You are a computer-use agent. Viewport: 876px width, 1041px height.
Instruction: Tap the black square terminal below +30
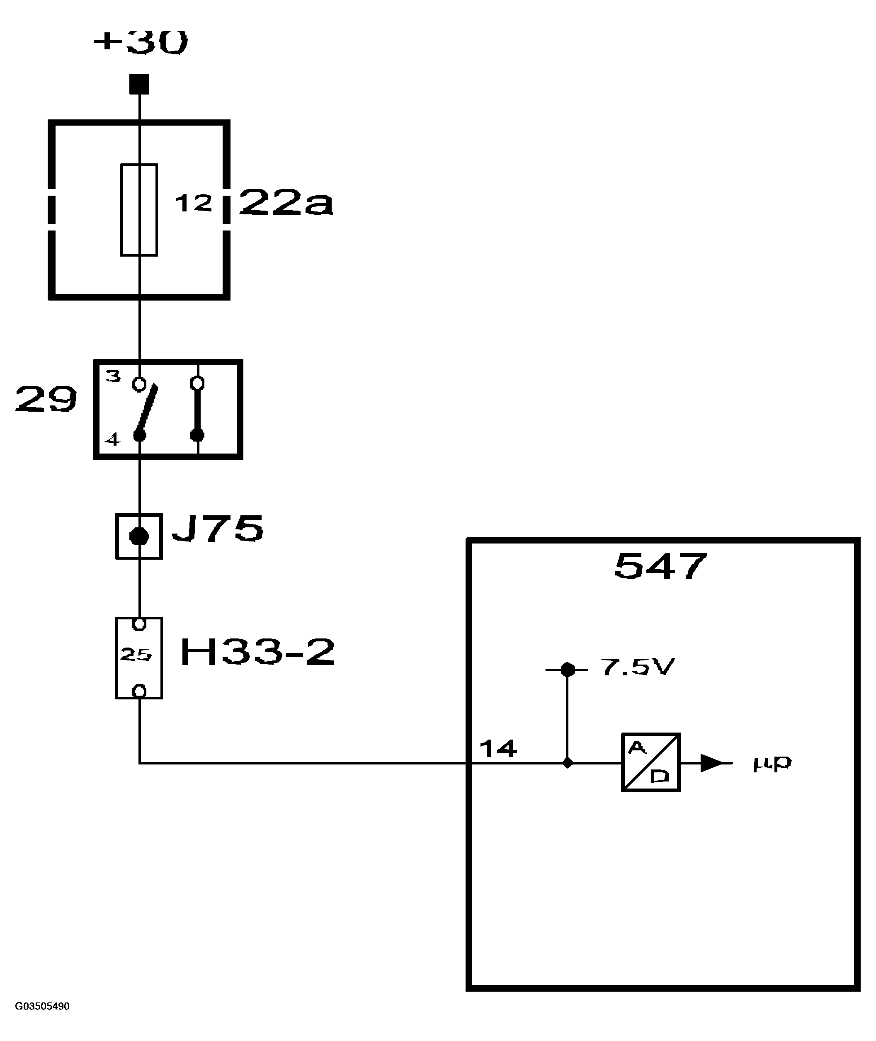pos(139,84)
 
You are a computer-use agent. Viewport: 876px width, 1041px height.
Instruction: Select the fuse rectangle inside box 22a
pos(139,210)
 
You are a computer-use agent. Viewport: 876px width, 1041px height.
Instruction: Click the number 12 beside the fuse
pos(193,203)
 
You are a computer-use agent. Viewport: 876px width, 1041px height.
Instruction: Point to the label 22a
pos(286,203)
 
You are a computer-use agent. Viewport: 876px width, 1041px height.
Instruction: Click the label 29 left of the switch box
pos(46,399)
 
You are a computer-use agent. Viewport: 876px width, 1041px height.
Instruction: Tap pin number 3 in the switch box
pos(113,376)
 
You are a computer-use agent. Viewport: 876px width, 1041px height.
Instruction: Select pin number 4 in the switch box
pos(113,439)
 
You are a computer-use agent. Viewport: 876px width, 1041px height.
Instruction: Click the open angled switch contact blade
pos(148,410)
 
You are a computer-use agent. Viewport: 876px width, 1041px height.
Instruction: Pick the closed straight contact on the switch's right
pos(198,410)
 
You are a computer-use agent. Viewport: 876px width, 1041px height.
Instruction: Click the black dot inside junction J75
pos(139,536)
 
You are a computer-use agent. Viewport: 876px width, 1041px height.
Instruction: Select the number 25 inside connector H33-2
pos(136,655)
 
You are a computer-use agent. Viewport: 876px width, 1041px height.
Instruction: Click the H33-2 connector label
pos(257,652)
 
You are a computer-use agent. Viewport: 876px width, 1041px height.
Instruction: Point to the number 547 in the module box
pos(660,566)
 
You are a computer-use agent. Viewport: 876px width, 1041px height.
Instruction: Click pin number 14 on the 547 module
pos(498,748)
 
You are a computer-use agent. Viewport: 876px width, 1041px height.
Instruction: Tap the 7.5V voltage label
pos(637,667)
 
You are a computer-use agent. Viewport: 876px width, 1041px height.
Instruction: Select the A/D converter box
pos(650,762)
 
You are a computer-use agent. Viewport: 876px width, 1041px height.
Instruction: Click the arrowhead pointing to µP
pos(711,763)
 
